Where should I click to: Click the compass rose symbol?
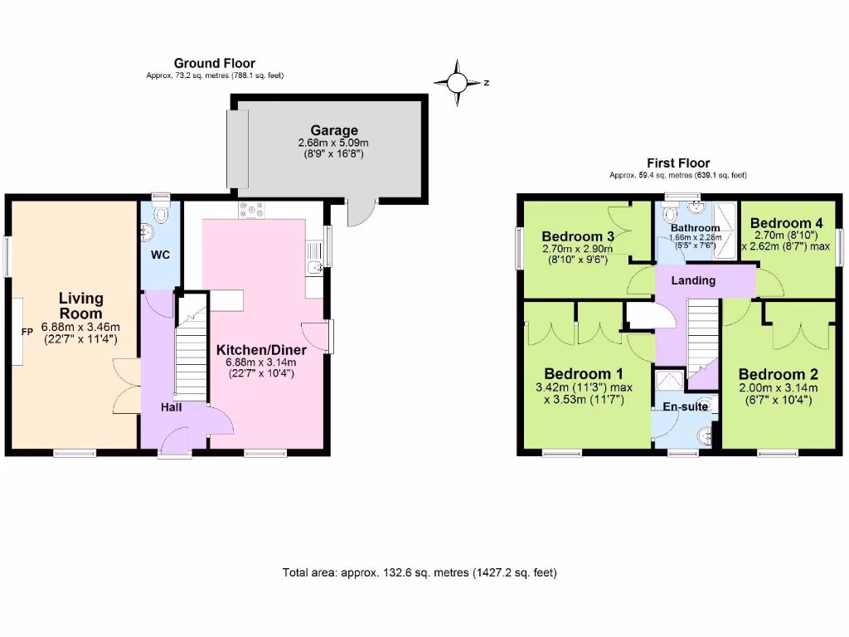pos(458,82)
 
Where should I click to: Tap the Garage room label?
pos(334,130)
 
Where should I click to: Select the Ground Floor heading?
pos(214,63)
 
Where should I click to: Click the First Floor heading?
pos(678,163)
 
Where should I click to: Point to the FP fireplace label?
pos(27,332)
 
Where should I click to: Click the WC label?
pos(160,255)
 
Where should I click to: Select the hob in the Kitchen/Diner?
pos(250,211)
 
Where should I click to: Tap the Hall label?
pos(172,406)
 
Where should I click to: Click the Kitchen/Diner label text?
pos(258,349)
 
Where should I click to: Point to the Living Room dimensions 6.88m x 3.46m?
pos(80,327)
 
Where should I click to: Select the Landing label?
pos(693,280)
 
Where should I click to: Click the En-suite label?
pos(685,406)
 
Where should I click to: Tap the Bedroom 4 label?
pos(786,223)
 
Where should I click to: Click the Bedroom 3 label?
pos(578,236)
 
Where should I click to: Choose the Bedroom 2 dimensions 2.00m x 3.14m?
pos(778,388)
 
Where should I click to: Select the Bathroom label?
pos(695,227)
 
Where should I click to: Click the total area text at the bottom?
pos(420,572)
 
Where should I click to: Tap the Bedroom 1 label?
pos(583,372)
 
